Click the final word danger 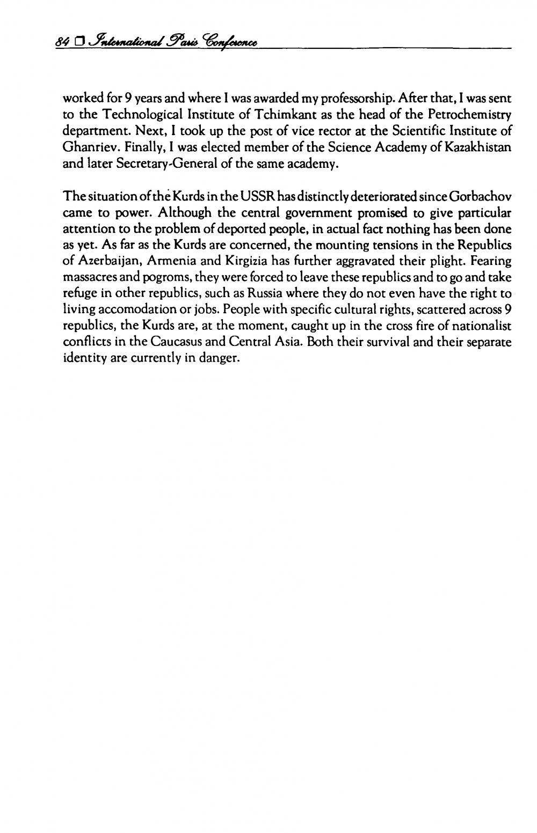[218, 355]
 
